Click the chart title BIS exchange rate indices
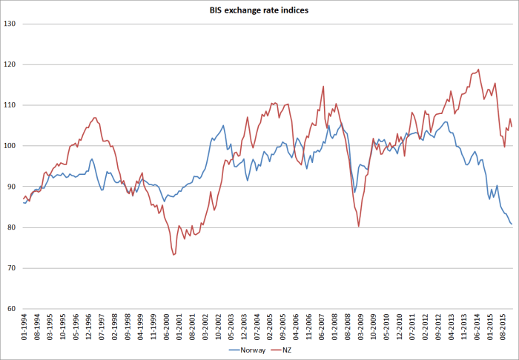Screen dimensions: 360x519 click(259, 11)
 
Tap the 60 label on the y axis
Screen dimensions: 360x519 click(12, 309)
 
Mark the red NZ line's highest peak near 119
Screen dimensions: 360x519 click(478, 70)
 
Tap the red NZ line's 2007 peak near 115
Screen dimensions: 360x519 click(323, 86)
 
